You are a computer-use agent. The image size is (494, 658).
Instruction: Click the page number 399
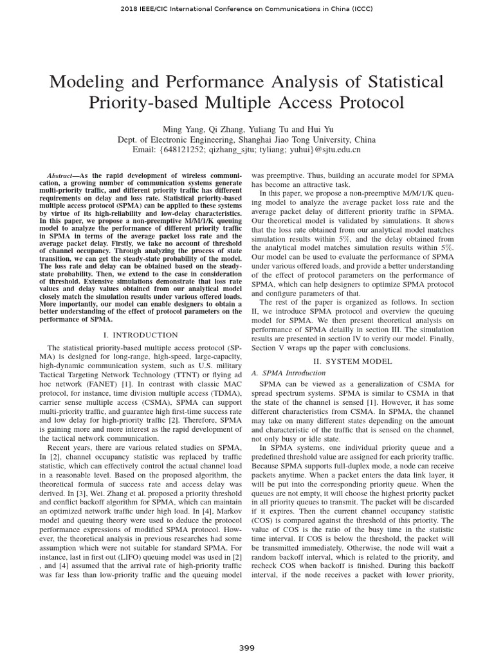247,648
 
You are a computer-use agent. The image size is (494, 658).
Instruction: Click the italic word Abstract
61,176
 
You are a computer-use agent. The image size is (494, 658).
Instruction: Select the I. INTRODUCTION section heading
141,335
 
